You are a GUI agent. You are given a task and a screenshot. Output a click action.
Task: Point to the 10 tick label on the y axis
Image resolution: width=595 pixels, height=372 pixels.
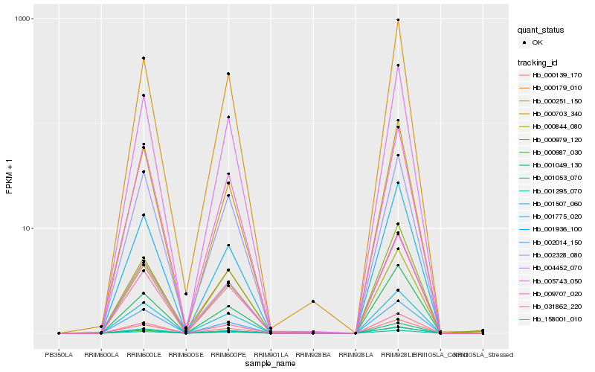(x=25, y=228)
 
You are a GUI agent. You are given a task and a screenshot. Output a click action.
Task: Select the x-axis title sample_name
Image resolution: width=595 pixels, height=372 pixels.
(x=271, y=364)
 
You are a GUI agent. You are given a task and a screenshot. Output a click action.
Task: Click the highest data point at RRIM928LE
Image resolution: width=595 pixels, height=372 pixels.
(x=399, y=20)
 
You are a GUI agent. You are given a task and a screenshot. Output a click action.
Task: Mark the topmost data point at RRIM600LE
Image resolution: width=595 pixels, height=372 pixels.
(x=144, y=58)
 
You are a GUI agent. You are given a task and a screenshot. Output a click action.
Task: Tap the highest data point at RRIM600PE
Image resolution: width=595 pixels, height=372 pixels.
(x=228, y=74)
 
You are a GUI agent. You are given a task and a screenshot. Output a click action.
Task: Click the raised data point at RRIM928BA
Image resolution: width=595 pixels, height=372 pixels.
(x=313, y=301)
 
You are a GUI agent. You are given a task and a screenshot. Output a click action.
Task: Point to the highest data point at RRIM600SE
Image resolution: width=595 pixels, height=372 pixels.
(x=186, y=294)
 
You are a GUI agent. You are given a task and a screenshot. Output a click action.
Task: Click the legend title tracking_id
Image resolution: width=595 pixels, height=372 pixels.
(x=540, y=62)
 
